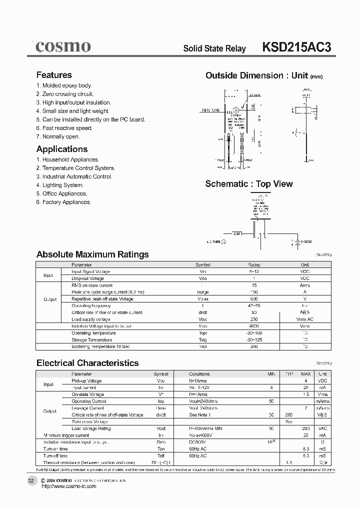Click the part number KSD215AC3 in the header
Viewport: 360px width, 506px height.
296,47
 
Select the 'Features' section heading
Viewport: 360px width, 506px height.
54,75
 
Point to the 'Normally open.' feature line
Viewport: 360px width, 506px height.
57,136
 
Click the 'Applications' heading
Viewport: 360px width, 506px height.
62,149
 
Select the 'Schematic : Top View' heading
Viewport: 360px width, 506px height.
249,184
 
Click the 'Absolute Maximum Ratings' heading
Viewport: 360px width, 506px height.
92,254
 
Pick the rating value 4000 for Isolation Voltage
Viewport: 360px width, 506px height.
254,326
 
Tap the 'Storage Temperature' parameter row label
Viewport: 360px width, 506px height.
93,339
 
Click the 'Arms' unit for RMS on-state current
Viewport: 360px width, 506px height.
304,285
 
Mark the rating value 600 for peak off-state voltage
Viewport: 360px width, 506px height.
254,299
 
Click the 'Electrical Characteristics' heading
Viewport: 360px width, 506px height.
87,363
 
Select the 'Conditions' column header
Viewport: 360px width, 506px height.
199,374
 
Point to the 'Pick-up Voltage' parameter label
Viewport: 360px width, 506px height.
87,381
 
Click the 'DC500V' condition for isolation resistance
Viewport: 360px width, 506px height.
198,442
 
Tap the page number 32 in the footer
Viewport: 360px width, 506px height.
31,480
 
